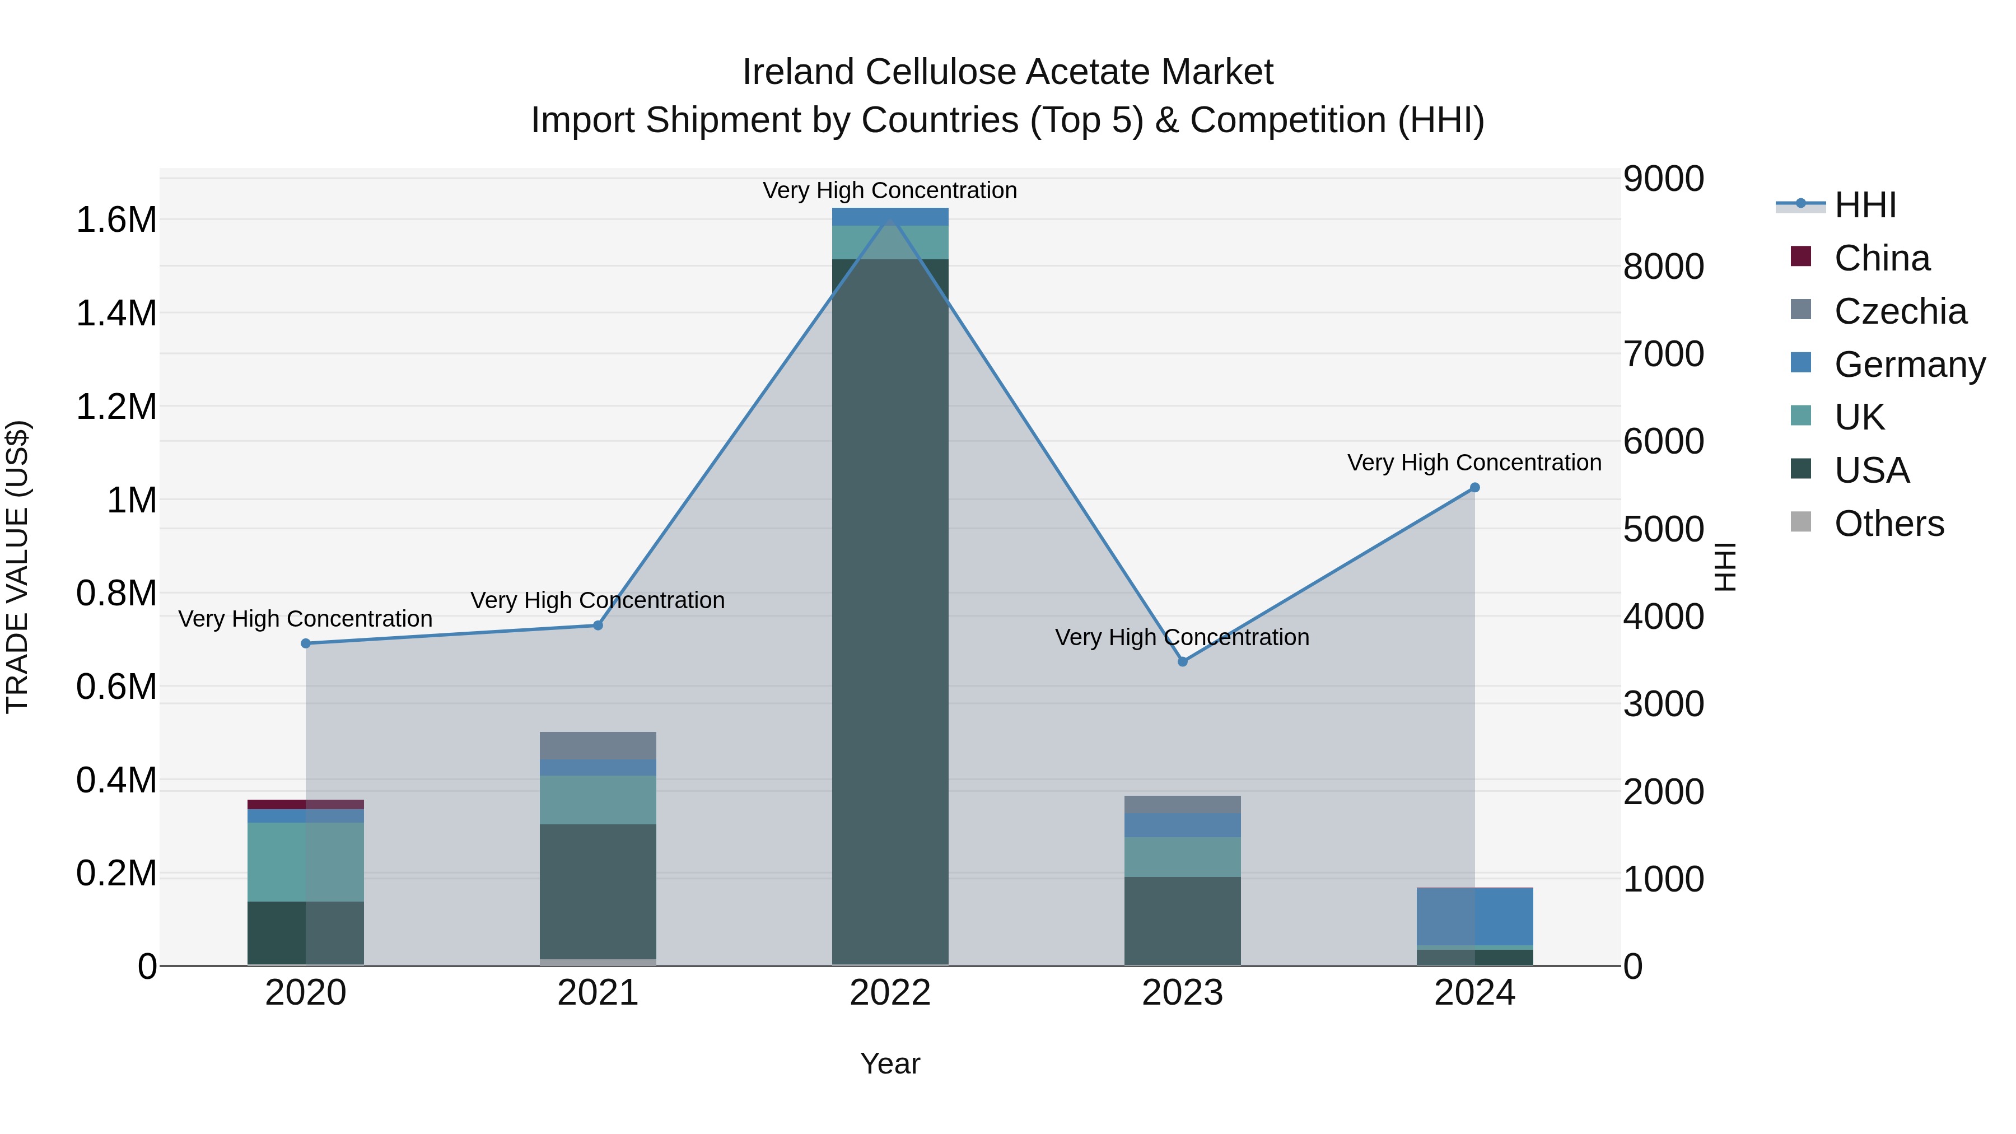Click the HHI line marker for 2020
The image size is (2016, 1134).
tap(306, 643)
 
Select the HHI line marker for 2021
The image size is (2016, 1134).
tap(598, 626)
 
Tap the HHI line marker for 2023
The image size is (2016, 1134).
tap(1183, 661)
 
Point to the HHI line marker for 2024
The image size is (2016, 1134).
tap(1474, 488)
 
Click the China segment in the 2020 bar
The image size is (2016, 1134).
tap(305, 805)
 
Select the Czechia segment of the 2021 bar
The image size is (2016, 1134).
tap(598, 746)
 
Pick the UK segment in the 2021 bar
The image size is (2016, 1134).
tap(598, 800)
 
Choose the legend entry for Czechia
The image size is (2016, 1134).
tap(1900, 311)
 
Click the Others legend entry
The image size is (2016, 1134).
tap(1888, 524)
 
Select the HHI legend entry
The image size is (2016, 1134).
tap(1865, 205)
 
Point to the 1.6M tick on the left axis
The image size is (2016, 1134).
tap(116, 220)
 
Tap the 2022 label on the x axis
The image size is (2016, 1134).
tap(890, 993)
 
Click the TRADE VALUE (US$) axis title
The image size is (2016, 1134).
tap(17, 567)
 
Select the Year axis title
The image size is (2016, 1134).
tap(890, 1063)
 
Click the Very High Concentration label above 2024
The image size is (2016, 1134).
tap(1474, 463)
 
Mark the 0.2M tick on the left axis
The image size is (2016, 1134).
tap(116, 874)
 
